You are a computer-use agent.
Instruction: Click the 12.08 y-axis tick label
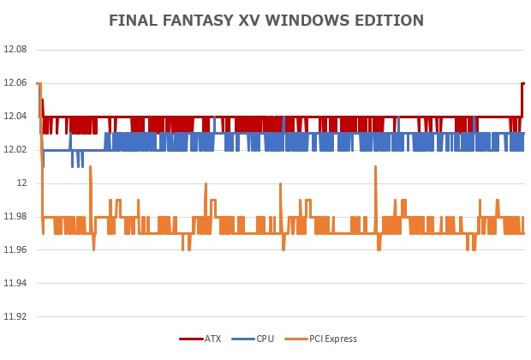point(16,50)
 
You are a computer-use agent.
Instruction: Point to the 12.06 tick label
point(16,83)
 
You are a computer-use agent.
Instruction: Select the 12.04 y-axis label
point(16,117)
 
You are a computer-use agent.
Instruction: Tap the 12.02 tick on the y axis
point(16,150)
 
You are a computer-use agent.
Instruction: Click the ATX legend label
point(212,339)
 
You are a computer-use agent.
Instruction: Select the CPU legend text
point(265,339)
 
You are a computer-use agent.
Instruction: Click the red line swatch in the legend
point(190,339)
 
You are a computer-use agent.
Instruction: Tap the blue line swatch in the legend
point(242,339)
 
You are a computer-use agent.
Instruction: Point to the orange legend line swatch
point(295,339)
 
